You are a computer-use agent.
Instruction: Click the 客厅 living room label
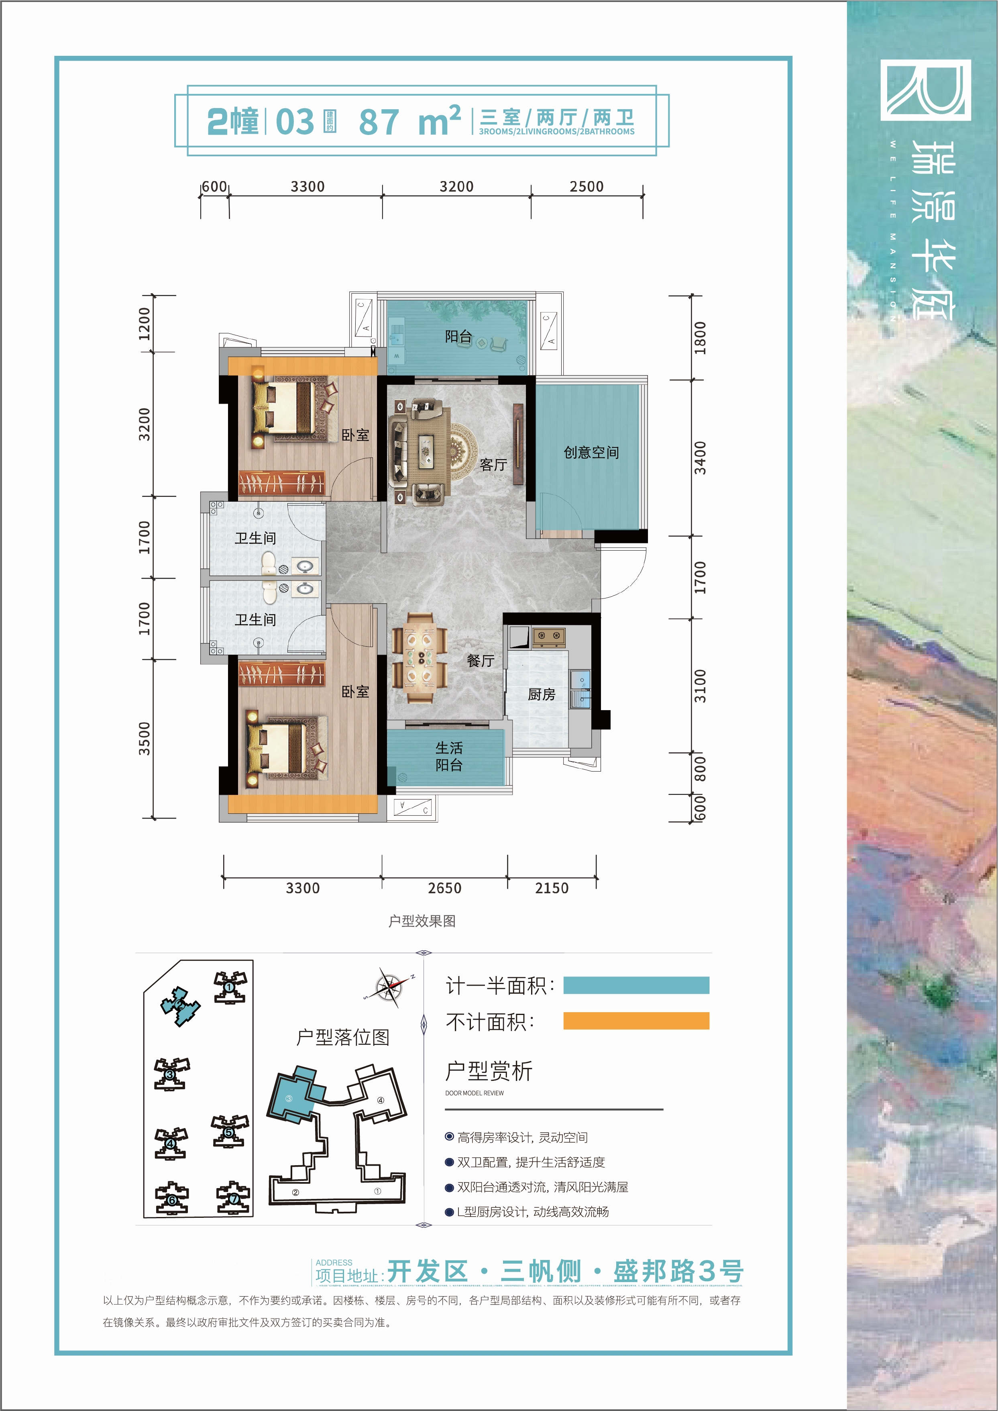(493, 465)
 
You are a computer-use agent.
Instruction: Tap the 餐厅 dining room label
(480, 660)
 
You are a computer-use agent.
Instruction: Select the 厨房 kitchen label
(542, 694)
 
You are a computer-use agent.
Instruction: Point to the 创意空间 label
(591, 453)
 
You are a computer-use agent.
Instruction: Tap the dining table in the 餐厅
(420, 658)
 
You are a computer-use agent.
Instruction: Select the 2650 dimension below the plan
(444, 888)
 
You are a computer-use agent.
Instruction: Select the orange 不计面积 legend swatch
(636, 1021)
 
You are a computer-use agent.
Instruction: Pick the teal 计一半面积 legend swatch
(636, 985)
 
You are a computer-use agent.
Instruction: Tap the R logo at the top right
(925, 90)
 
